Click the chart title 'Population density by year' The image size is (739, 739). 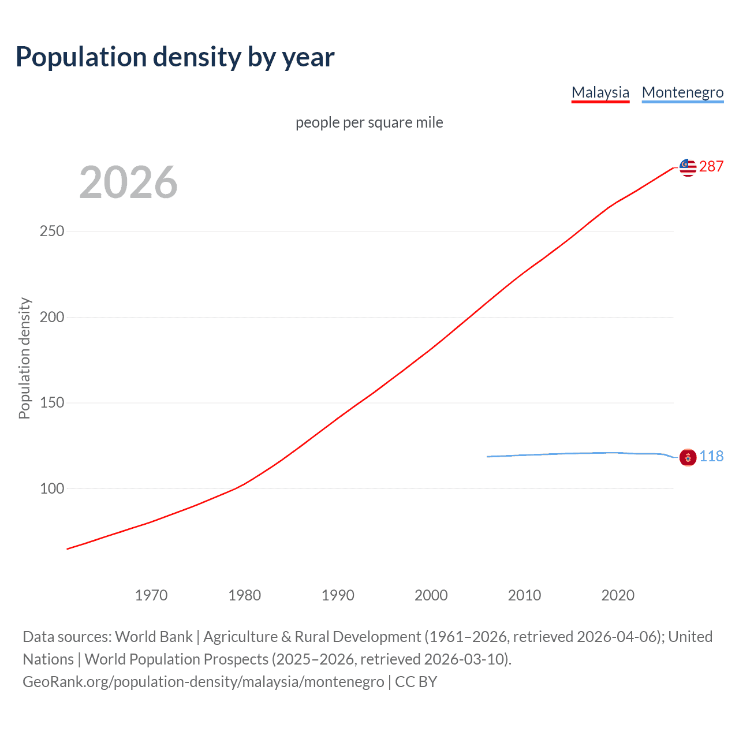[175, 57]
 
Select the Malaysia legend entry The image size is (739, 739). [600, 92]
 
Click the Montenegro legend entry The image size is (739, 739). [682, 92]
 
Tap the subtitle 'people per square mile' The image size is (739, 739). [369, 122]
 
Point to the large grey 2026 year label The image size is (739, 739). [128, 182]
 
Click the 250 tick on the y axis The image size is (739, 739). [52, 232]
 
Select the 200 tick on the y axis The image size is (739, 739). [52, 317]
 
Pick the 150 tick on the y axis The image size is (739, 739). [52, 403]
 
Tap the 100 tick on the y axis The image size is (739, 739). [52, 488]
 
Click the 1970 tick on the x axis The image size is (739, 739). [151, 595]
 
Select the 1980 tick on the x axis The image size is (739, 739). [244, 595]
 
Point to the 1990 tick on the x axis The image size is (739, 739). [338, 595]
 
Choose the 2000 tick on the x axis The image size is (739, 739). [431, 595]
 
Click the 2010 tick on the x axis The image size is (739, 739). [524, 595]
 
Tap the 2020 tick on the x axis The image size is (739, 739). [618, 595]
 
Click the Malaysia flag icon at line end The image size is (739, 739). [688, 167]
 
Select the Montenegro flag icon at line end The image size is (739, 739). [688, 457]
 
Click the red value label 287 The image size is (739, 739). [711, 167]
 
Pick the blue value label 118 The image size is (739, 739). [711, 457]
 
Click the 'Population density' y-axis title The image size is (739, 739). [24, 358]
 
